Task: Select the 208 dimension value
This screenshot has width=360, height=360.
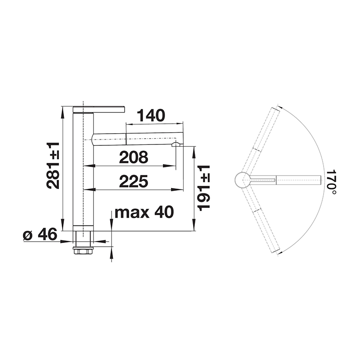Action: [x=134, y=157]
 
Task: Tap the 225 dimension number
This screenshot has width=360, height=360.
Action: [x=134, y=181]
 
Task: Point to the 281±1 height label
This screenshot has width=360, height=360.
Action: [x=53, y=165]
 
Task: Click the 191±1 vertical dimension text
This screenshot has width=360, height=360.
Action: [x=204, y=188]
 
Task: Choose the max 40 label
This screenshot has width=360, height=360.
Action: [x=144, y=212]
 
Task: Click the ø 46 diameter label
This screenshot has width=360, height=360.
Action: [x=40, y=234]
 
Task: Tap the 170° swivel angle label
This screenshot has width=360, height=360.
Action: [x=331, y=183]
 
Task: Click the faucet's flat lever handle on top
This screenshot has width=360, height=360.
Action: [x=99, y=109]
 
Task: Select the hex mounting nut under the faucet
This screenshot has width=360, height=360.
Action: [x=83, y=251]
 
